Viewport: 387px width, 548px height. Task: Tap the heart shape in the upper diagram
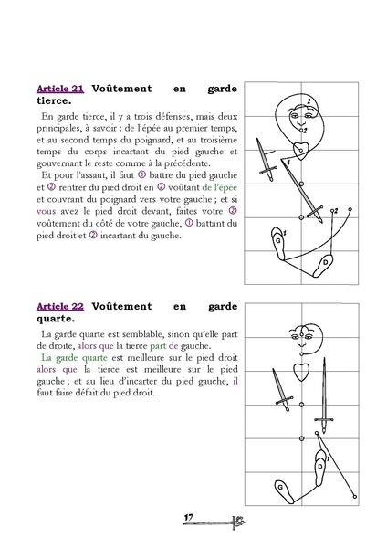(x=299, y=146)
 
